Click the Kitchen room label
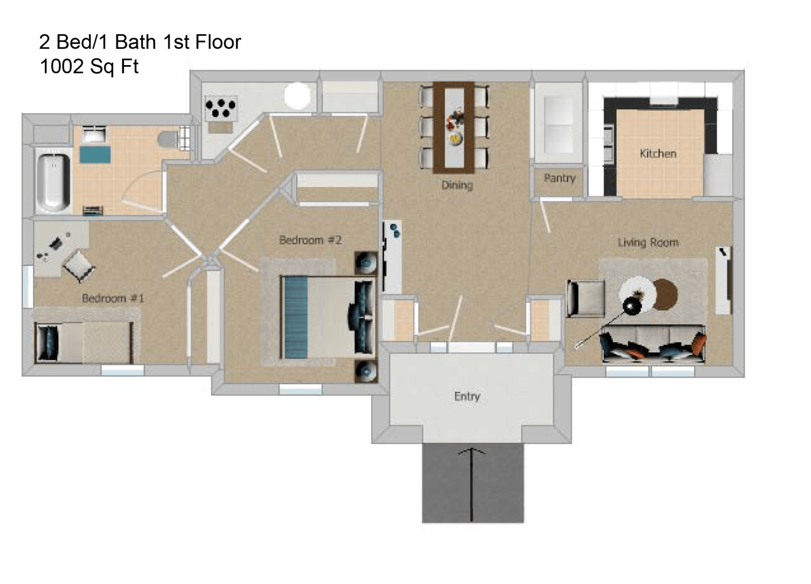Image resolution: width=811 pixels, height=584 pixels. click(x=658, y=153)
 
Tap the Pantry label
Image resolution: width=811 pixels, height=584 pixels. click(x=559, y=178)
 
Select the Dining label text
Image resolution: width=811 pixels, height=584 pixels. click(x=457, y=185)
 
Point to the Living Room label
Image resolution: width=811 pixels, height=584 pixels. click(x=648, y=243)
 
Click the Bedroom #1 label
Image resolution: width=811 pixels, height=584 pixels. click(x=113, y=298)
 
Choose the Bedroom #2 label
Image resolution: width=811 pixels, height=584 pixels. click(x=310, y=240)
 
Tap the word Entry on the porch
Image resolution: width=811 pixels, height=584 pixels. click(x=467, y=396)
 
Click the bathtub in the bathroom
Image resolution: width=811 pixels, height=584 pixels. click(x=53, y=183)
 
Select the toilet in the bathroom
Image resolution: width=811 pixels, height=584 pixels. click(x=169, y=139)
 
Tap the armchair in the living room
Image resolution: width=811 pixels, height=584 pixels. click(x=586, y=298)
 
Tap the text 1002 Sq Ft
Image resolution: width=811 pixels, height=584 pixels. click(x=89, y=66)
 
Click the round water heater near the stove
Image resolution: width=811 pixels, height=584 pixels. click(x=297, y=96)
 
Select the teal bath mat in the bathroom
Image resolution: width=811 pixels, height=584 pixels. click(x=95, y=154)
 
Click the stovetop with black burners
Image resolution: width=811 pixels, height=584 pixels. click(x=220, y=108)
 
